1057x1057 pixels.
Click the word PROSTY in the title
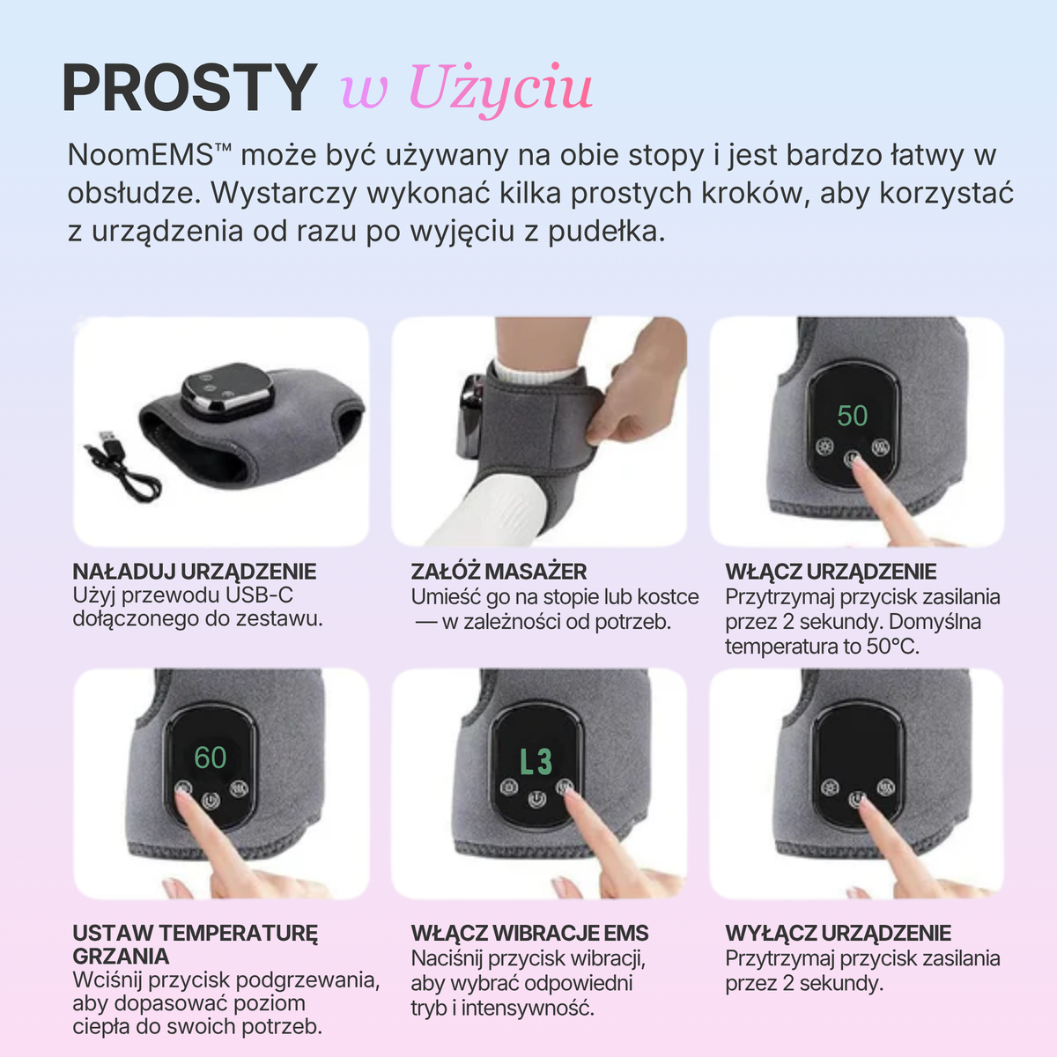tap(188, 88)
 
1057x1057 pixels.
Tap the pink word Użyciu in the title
tap(499, 89)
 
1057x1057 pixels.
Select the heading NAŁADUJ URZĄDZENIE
tap(194, 571)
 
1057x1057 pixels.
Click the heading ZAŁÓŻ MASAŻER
tap(499, 571)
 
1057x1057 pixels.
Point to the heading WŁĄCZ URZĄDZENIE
tap(831, 571)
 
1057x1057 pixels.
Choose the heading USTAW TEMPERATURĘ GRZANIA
tap(195, 944)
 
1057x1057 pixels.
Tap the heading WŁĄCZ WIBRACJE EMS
tap(529, 933)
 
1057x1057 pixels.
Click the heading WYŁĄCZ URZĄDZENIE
tap(838, 933)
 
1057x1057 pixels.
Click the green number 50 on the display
tap(852, 416)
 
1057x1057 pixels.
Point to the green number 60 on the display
tap(211, 758)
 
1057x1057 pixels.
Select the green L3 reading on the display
tap(536, 761)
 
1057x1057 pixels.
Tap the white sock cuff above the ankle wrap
tap(524, 370)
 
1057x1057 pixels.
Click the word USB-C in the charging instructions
tap(260, 595)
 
